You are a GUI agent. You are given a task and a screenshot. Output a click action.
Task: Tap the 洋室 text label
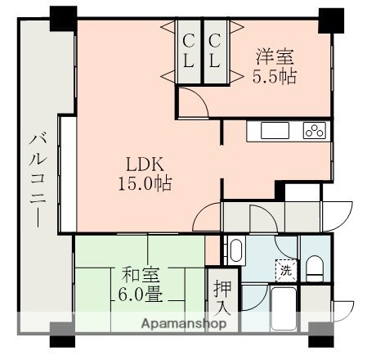pos(275,57)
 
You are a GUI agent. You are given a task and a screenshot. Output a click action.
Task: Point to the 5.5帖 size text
pos(275,78)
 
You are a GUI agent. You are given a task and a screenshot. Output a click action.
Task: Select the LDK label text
pos(142,164)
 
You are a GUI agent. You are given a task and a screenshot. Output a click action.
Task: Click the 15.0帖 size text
pos(142,183)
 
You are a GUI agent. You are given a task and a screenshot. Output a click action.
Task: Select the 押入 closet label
pos(222,299)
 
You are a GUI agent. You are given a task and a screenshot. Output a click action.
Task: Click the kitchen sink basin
pos(274,131)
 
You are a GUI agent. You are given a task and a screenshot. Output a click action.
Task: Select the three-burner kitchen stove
pos(315,130)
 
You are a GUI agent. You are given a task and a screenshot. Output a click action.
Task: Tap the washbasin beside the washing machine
pos(235,251)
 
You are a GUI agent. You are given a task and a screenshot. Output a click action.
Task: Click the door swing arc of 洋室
pos(192,104)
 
